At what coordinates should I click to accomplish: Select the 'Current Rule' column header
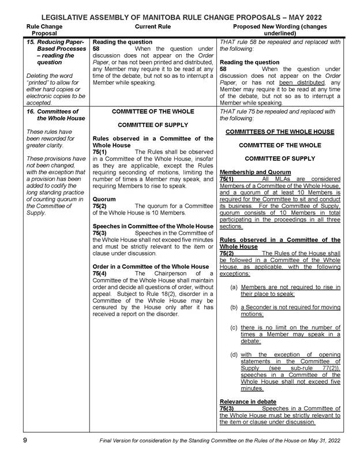point(152,27)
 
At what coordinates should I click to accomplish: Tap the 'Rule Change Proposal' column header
point(45,30)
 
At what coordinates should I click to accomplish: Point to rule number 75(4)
point(99,273)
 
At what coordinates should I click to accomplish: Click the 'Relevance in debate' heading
point(248,401)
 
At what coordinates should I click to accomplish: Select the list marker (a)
point(234,287)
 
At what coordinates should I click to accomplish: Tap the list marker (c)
point(234,328)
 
